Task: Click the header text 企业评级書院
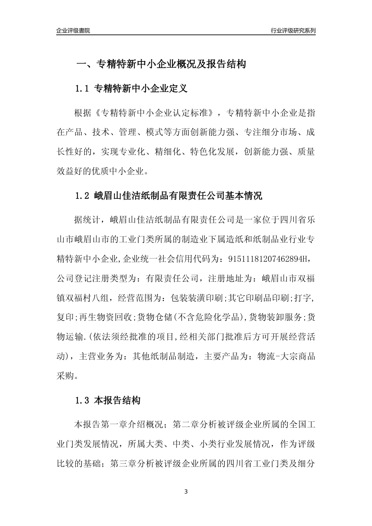pyautogui.click(x=73, y=31)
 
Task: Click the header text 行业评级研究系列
pyautogui.click(x=293, y=31)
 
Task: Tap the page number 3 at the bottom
pyautogui.click(x=186, y=492)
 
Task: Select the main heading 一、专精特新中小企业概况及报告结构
pyautogui.click(x=161, y=64)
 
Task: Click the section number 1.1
pyautogui.click(x=83, y=89)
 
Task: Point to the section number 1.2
pyautogui.click(x=83, y=196)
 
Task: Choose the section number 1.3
pyautogui.click(x=83, y=400)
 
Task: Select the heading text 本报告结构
pyautogui.click(x=117, y=400)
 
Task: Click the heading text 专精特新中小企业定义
pyautogui.click(x=141, y=89)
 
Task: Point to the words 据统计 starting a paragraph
pyautogui.click(x=87, y=219)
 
